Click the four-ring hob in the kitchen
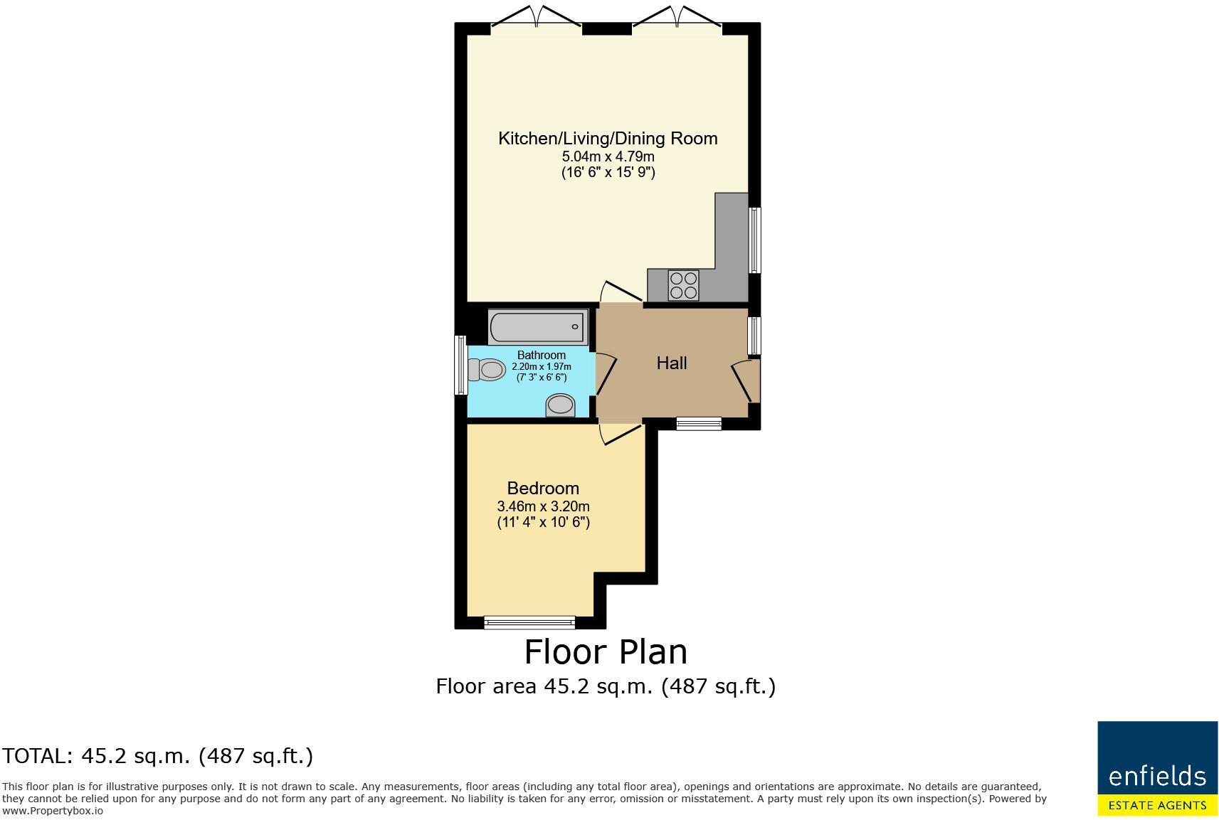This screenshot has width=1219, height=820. coord(683,285)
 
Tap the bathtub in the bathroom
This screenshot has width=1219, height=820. coord(538,327)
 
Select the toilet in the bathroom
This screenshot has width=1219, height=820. coord(487,370)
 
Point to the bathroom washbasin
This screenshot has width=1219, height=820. coord(560,405)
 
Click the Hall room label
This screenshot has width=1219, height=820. coord(671,363)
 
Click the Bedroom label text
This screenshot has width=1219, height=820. coord(543,489)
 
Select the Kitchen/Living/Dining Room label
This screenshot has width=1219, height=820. coord(608,139)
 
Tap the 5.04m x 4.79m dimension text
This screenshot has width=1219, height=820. coord(608,156)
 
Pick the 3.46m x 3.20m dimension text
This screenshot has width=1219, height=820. coord(543,506)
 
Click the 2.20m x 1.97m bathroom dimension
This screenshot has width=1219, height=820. coord(541,367)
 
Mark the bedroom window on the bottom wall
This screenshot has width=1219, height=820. coord(529,622)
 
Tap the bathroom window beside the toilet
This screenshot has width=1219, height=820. coord(460,366)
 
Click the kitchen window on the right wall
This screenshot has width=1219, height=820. coord(754,240)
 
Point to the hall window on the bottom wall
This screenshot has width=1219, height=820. coord(699,424)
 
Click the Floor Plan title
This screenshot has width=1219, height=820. coord(606,652)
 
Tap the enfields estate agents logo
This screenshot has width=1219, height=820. coord(1157,768)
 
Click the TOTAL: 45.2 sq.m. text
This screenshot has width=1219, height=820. coord(157,755)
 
